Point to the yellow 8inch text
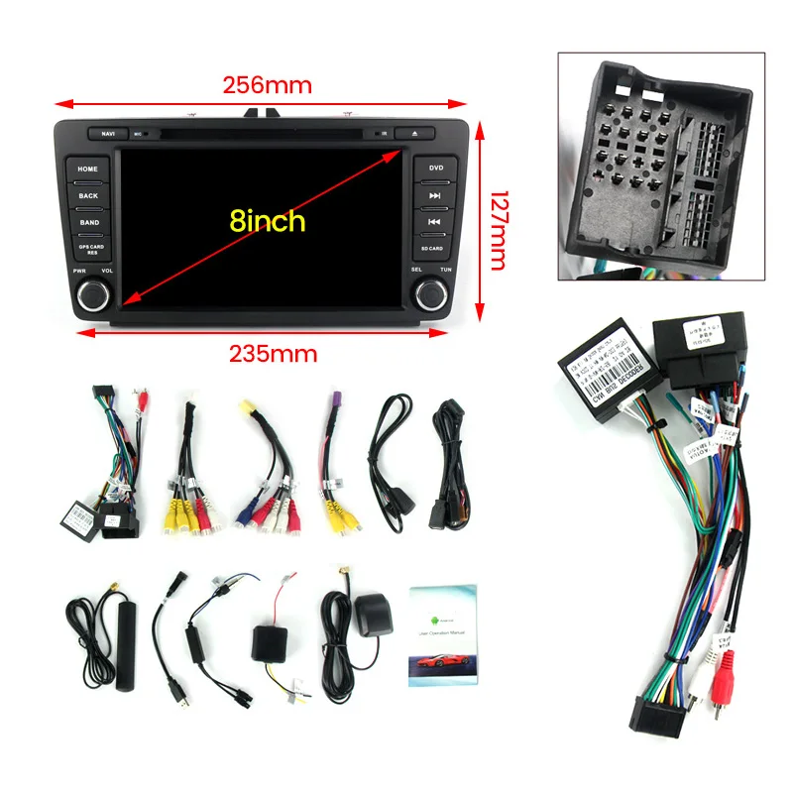pos(268,220)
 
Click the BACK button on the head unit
pos(88,195)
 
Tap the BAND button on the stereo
pos(88,222)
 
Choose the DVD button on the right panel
pos(435,170)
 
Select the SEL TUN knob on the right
pos(432,292)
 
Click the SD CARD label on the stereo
pos(432,248)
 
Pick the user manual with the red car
pos(443,635)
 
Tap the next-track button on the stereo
pos(435,195)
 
